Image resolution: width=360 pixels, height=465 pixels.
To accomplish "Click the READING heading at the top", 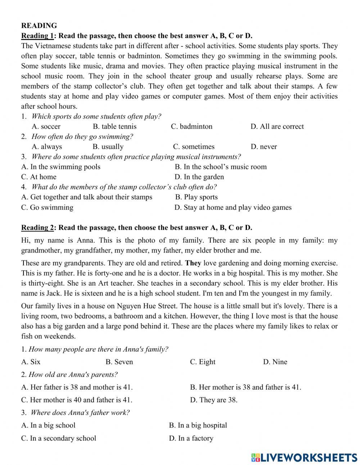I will [39, 26].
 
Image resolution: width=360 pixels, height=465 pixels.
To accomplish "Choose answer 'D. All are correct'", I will [277, 126].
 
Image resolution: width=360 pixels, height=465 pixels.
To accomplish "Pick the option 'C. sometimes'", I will [193, 147].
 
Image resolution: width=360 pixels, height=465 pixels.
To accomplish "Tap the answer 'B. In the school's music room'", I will [221, 167].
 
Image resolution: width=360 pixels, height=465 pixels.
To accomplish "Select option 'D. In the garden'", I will [199, 177].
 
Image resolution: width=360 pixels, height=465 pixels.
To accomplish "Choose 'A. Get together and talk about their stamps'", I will [87, 197].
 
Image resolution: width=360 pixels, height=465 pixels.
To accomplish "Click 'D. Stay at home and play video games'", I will [233, 207].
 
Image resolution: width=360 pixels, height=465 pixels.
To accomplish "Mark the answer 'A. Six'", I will [31, 362].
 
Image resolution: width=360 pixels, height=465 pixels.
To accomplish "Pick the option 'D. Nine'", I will [275, 362].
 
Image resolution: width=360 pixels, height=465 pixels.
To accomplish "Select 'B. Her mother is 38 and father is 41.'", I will [246, 387].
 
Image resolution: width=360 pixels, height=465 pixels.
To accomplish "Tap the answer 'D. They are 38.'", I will [213, 400].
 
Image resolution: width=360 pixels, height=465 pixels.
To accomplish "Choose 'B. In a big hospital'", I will [198, 425].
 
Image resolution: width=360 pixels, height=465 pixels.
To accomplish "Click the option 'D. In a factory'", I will [191, 438].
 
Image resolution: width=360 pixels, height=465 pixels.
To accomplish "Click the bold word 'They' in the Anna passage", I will [193, 263].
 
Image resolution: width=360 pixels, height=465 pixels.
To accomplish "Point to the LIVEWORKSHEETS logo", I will [304, 457].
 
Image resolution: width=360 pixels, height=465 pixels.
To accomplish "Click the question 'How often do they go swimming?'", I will [82, 137].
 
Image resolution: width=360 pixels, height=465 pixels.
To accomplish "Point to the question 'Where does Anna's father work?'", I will [80, 412].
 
